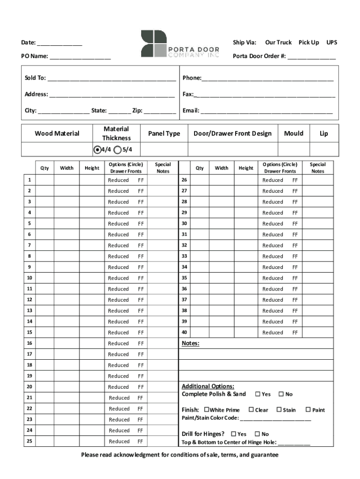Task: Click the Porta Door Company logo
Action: (180, 44)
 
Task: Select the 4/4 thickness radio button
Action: (97, 150)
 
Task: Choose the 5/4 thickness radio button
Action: (117, 150)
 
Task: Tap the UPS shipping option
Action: (331, 43)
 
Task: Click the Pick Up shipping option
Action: (309, 43)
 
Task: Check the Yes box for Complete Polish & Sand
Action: (258, 394)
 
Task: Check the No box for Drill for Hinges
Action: (257, 434)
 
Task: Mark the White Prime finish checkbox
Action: (207, 410)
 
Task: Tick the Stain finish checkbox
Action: (279, 410)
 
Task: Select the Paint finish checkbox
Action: (308, 410)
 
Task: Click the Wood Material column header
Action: (57, 133)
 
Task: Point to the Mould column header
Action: (294, 133)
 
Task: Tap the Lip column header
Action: (324, 133)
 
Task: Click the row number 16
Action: (29, 343)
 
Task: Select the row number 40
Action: (184, 333)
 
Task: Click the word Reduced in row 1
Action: (118, 180)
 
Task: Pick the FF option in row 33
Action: (295, 256)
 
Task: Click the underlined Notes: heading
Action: (190, 343)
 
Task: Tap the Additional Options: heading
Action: (208, 386)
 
